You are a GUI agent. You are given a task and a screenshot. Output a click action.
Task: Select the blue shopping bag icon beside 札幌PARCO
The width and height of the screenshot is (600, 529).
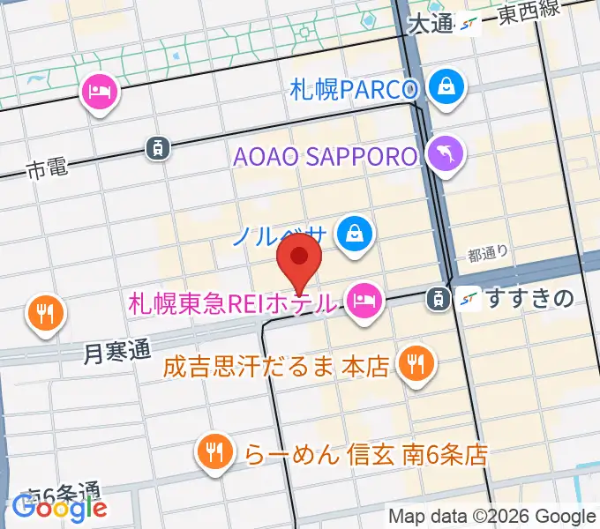[447, 87]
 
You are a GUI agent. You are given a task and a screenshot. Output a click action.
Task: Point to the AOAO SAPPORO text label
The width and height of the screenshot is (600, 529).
[325, 157]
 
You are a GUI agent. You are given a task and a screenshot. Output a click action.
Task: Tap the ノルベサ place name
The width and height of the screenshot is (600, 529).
[280, 235]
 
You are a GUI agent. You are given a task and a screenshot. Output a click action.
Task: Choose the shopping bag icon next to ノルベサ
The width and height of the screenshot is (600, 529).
[354, 234]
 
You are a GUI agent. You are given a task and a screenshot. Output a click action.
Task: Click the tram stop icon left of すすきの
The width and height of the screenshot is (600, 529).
[436, 299]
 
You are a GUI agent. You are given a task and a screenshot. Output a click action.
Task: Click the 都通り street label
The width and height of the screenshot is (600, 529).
[488, 255]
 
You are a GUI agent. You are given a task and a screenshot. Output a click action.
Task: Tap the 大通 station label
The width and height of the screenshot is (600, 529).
[431, 24]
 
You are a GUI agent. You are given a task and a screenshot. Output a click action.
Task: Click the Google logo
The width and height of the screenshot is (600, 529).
[59, 507]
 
